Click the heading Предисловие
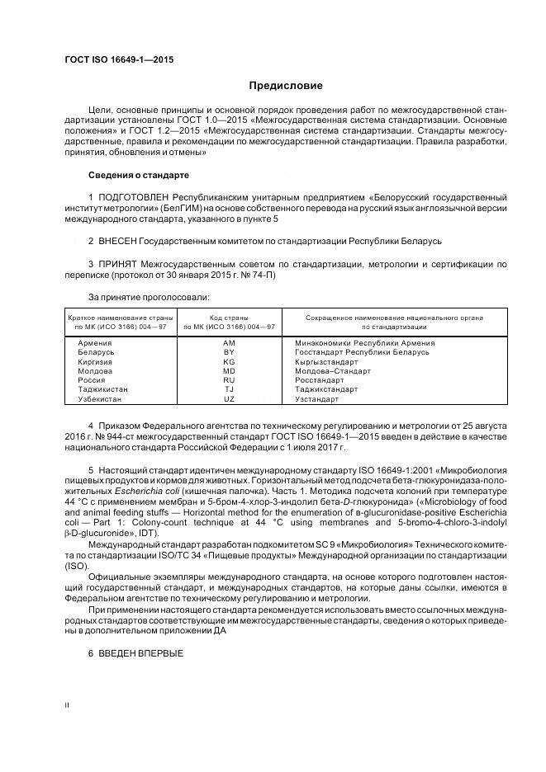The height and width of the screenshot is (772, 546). tap(286, 86)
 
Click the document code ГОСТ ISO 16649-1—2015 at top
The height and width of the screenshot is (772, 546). tap(119, 60)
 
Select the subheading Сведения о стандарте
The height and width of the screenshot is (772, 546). tap(138, 176)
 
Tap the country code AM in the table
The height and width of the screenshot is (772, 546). tap(229, 342)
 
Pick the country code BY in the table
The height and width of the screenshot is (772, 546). tap(229, 352)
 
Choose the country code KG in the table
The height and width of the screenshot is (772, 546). tap(229, 361)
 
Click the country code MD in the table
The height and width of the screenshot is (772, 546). tap(229, 371)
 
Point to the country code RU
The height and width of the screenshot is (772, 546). tap(229, 380)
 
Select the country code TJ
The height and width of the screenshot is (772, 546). tap(229, 389)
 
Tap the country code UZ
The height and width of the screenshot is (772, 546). tap(229, 399)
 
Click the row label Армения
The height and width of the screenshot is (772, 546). tap(95, 342)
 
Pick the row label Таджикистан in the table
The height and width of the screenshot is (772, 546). tap(103, 389)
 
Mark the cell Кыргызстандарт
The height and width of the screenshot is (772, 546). tap(326, 361)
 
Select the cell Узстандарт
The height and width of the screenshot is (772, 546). tap(317, 399)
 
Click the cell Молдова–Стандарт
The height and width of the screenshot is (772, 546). tap(333, 371)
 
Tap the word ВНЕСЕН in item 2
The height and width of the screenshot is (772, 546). tap(120, 241)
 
